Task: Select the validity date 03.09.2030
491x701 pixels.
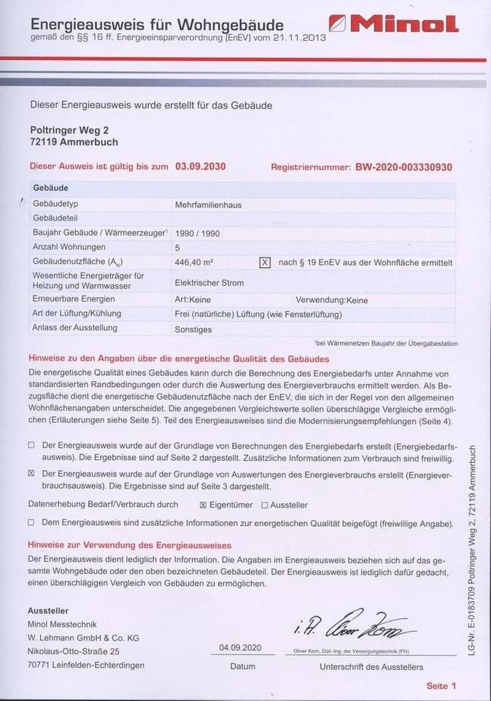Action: tap(201, 166)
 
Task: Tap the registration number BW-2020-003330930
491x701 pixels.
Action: tap(403, 167)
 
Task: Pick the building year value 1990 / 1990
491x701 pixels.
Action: tap(198, 234)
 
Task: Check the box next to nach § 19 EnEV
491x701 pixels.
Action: tap(265, 262)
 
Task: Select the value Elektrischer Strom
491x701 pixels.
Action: tap(209, 283)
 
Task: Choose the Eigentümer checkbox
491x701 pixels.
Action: tap(204, 505)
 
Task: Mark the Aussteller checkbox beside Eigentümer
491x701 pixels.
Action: tap(264, 505)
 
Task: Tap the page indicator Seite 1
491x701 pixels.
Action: tap(441, 686)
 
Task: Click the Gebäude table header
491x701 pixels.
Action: tap(51, 188)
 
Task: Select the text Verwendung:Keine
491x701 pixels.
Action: tap(331, 300)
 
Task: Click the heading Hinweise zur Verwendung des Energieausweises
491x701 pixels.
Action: tap(130, 545)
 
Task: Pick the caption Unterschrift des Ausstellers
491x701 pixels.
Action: tap(371, 667)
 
